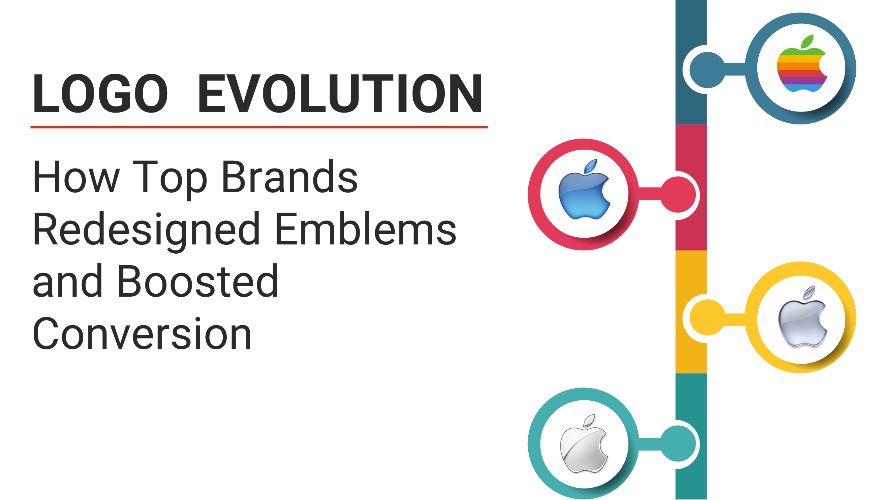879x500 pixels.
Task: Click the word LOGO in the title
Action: point(100,93)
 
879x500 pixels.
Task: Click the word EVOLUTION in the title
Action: point(340,93)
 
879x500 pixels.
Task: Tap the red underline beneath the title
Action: point(259,127)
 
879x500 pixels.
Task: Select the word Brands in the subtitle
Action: point(289,177)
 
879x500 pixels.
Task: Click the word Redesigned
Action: point(146,230)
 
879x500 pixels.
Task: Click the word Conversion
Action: point(142,334)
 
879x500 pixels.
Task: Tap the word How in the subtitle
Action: point(76,177)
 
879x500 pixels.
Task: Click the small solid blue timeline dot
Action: point(707,70)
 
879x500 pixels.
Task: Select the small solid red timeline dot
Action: point(678,194)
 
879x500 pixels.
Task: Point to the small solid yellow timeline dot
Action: point(707,318)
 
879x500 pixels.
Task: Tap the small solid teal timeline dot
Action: point(678,444)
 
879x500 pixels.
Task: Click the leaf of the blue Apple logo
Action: point(591,166)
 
